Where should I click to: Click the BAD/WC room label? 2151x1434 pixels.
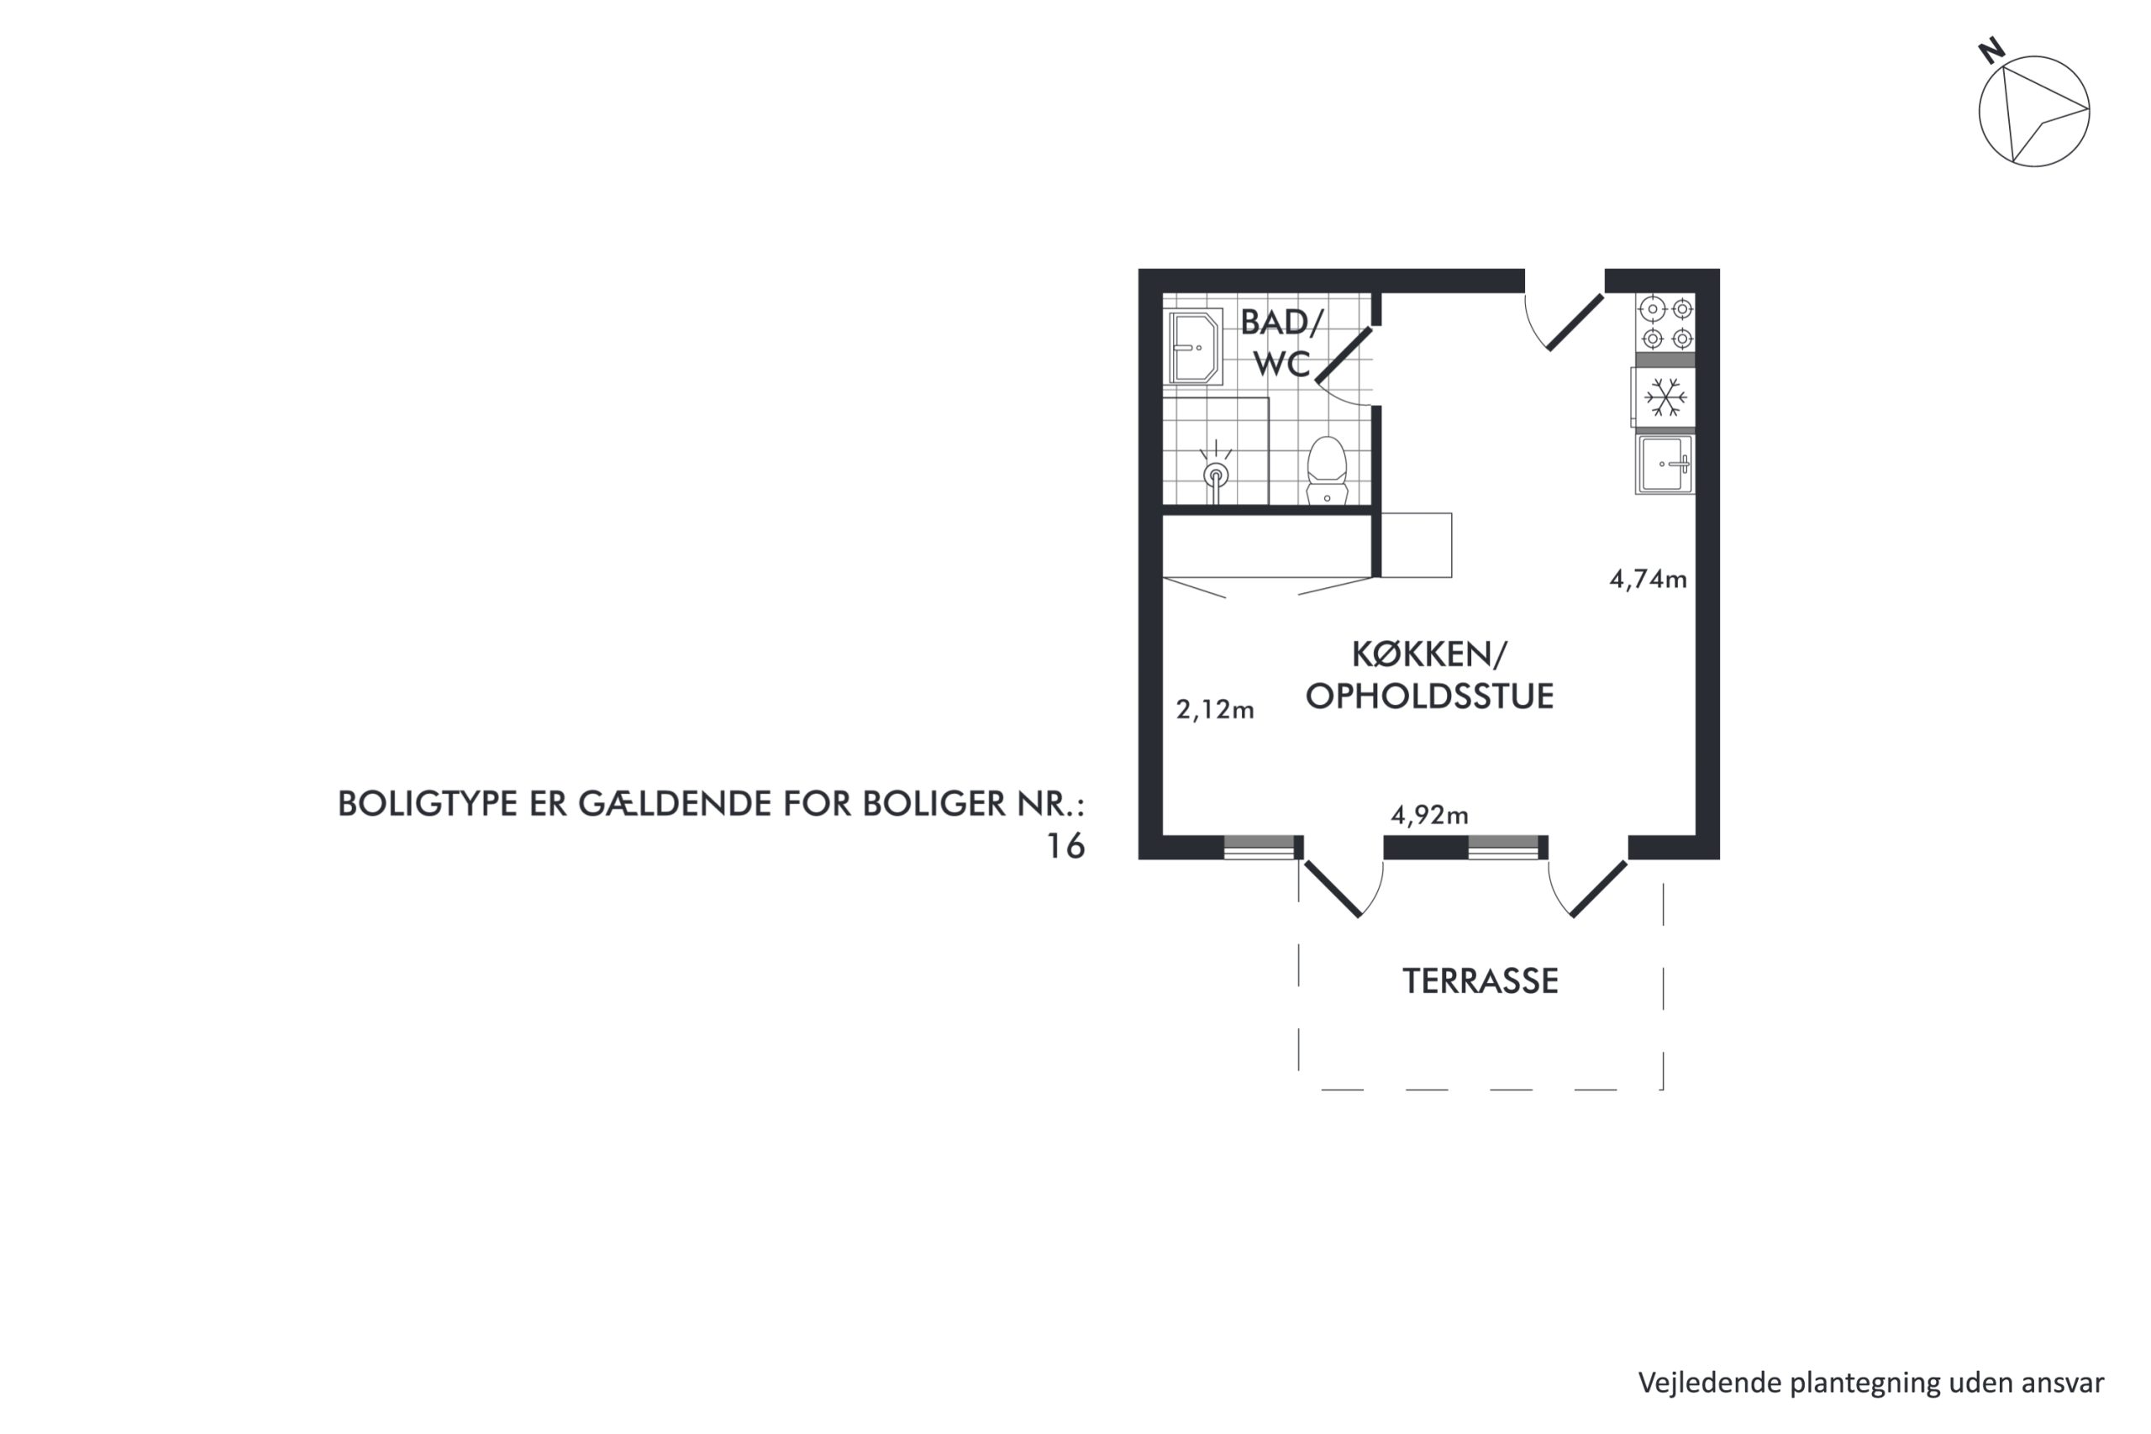tap(1281, 343)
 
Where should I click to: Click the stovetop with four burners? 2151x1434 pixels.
tap(1666, 323)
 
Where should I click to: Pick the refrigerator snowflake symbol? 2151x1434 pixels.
tap(1665, 398)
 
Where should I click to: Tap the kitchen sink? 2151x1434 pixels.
tap(1665, 465)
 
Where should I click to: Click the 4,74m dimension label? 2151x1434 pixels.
tap(1648, 579)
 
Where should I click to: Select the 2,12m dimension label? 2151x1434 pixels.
tap(1214, 710)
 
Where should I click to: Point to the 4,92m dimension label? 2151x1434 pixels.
tap(1429, 815)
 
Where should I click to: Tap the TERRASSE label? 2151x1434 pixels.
tap(1480, 981)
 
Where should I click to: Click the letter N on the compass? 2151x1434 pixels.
tap(1992, 51)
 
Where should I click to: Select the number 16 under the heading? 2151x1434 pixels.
tap(1065, 846)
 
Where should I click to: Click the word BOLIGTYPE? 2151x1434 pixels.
tap(427, 804)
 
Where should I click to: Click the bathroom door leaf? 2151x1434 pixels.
tap(1344, 353)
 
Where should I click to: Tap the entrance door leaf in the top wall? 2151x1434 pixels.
tap(1575, 321)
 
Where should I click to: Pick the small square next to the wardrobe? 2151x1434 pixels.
tap(1416, 545)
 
